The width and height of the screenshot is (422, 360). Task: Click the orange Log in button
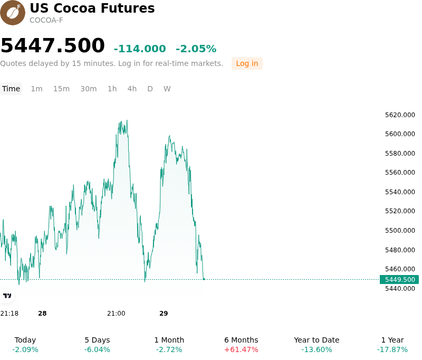(x=247, y=63)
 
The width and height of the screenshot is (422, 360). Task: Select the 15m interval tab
(x=61, y=89)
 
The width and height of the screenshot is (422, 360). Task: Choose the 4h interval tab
(x=132, y=89)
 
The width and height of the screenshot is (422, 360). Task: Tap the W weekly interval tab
(x=167, y=89)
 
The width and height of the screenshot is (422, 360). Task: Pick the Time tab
(x=11, y=89)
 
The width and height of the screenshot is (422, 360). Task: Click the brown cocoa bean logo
(x=13, y=13)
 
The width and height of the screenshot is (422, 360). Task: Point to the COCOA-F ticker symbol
(x=46, y=21)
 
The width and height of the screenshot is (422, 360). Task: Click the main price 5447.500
(x=53, y=45)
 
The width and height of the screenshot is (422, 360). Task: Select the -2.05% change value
(x=196, y=49)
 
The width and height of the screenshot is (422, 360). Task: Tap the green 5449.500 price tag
(x=399, y=279)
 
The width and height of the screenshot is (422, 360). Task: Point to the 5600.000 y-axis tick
(x=400, y=134)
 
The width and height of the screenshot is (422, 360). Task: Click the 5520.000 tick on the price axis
(x=400, y=211)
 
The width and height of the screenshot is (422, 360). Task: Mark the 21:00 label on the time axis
(x=116, y=314)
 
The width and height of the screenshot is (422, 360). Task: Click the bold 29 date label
(x=164, y=314)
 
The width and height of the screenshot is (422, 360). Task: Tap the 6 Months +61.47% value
(x=241, y=349)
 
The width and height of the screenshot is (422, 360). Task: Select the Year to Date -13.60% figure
(x=316, y=349)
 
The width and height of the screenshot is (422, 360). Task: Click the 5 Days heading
(x=97, y=340)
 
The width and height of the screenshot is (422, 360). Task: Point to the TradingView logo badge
(x=7, y=296)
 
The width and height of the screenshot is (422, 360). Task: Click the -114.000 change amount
(x=140, y=49)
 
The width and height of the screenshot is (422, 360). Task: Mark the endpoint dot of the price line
(x=204, y=279)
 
